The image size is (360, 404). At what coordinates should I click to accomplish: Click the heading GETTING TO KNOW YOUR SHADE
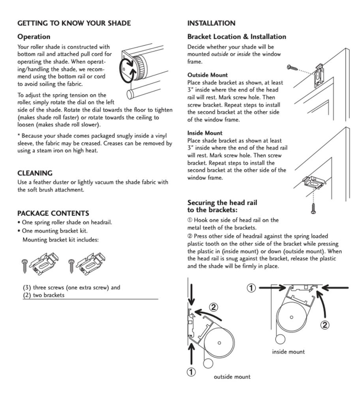74,23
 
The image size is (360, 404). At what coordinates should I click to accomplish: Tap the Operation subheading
34,37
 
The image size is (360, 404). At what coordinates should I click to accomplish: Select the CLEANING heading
35,173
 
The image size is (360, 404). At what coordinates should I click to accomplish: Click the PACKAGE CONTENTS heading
53,213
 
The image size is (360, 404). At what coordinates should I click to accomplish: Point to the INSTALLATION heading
211,23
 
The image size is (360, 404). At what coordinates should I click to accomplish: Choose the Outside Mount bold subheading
207,75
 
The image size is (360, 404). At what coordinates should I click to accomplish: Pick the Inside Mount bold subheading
205,133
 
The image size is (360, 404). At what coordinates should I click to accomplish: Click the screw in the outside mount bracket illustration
294,68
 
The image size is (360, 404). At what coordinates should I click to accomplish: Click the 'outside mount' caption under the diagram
232,377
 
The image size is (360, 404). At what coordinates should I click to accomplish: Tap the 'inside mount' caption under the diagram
288,352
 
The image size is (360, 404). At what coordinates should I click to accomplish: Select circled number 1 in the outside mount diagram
191,372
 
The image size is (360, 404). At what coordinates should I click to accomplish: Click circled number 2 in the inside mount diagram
325,325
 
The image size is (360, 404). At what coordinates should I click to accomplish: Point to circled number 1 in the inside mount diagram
250,288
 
